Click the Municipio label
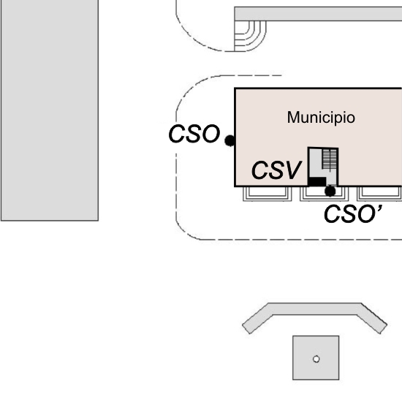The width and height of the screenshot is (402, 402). pyautogui.click(x=321, y=118)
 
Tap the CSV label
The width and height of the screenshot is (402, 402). pyautogui.click(x=276, y=170)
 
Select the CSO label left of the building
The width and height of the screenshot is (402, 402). pyautogui.click(x=194, y=134)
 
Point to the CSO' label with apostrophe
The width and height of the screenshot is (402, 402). pyautogui.click(x=353, y=214)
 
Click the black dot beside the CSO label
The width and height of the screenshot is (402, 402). pyautogui.click(x=230, y=140)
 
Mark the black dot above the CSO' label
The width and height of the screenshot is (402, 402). pyautogui.click(x=330, y=191)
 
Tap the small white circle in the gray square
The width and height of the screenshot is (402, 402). pyautogui.click(x=316, y=359)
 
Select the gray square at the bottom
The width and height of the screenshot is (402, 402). pyautogui.click(x=316, y=357)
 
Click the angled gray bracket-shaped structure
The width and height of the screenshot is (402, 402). pyautogui.click(x=314, y=309)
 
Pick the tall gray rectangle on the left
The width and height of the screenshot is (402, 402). pyautogui.click(x=50, y=110)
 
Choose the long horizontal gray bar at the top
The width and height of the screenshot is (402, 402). pyautogui.click(x=318, y=14)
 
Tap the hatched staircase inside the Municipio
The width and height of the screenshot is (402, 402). pyautogui.click(x=330, y=159)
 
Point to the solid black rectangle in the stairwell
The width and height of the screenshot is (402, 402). pyautogui.click(x=317, y=181)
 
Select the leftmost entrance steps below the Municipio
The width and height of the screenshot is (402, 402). pyautogui.click(x=267, y=194)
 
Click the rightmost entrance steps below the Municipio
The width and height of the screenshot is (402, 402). pyautogui.click(x=379, y=194)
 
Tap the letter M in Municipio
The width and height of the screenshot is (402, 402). pyautogui.click(x=293, y=118)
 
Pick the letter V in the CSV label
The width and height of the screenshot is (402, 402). pyautogui.click(x=292, y=170)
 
